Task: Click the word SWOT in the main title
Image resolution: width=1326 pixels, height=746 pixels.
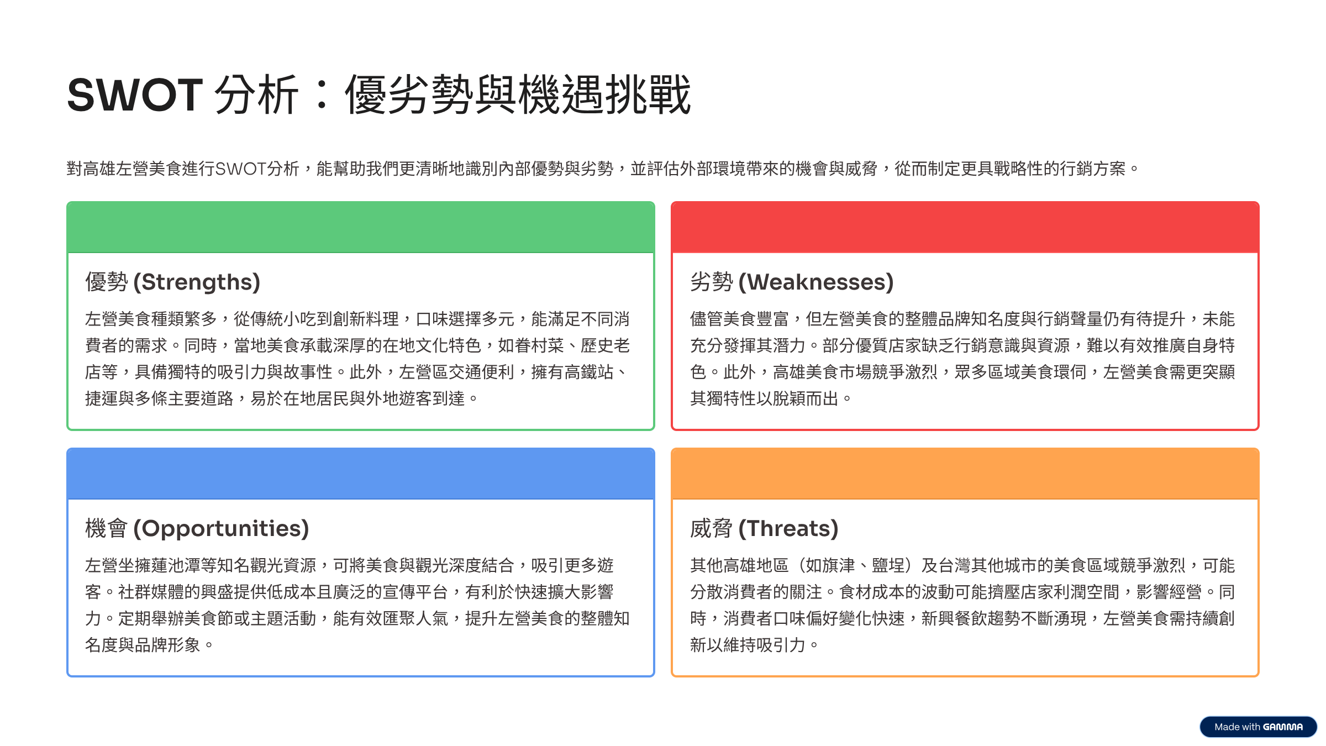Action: pyautogui.click(x=135, y=94)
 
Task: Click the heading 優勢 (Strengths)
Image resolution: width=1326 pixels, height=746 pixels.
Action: pyautogui.click(x=172, y=282)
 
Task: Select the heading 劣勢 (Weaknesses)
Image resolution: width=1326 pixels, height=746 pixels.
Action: pyautogui.click(x=792, y=282)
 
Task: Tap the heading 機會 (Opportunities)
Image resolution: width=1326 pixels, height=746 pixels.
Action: pyautogui.click(x=197, y=529)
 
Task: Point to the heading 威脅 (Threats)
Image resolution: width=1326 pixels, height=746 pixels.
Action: pyautogui.click(x=764, y=529)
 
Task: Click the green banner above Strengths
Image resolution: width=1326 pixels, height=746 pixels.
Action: pyautogui.click(x=361, y=227)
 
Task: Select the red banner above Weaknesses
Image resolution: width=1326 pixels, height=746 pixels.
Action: pyautogui.click(x=965, y=227)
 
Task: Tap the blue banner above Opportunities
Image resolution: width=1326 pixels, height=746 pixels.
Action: pyautogui.click(x=361, y=474)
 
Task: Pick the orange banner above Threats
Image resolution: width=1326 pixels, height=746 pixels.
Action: pyautogui.click(x=965, y=474)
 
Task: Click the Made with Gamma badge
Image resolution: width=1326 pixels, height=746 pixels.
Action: pyautogui.click(x=1258, y=727)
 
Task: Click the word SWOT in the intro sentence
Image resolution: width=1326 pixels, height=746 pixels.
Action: pyautogui.click(x=241, y=169)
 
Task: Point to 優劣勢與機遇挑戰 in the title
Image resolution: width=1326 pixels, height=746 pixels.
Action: pyautogui.click(x=518, y=94)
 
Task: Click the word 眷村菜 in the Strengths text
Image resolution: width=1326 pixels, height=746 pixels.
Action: pyautogui.click(x=539, y=345)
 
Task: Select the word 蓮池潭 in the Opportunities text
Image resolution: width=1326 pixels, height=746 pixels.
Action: pyautogui.click(x=175, y=565)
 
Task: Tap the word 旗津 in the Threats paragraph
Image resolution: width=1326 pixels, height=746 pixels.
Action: pyautogui.click(x=838, y=565)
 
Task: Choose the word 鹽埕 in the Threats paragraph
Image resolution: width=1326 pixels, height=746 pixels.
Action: pyautogui.click(x=888, y=565)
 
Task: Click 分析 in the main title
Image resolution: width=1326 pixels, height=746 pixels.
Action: pyautogui.click(x=256, y=94)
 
